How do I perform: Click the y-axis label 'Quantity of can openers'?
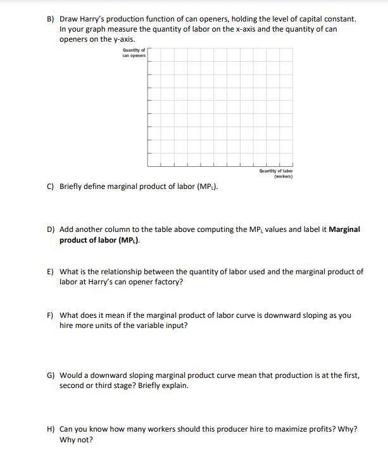coord(134,53)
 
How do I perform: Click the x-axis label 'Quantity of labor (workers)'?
coord(276,173)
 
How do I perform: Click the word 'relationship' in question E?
coord(121,272)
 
